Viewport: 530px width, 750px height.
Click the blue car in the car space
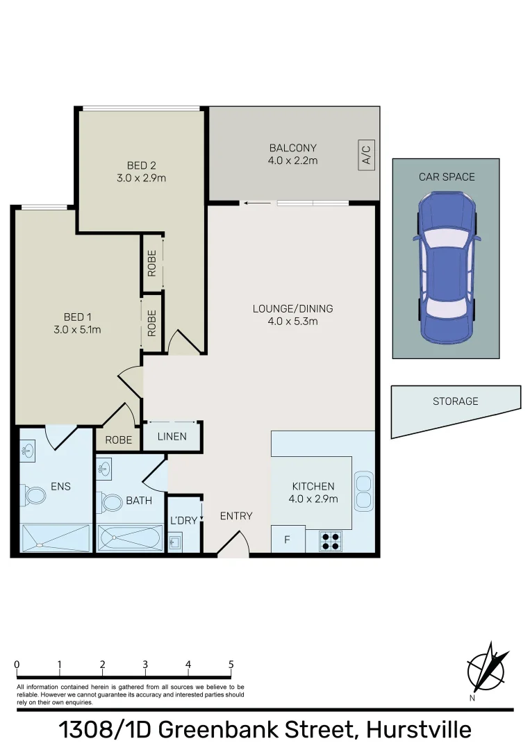tap(446, 267)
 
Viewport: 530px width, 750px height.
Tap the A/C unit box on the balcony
tap(367, 154)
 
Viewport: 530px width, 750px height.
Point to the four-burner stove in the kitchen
tap(331, 540)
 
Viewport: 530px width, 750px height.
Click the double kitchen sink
tap(363, 490)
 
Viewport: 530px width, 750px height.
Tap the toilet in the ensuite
tap(34, 496)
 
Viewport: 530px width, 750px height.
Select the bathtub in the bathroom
tap(130, 538)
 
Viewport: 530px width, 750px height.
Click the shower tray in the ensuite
tap(56, 537)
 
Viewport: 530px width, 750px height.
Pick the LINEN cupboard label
tap(172, 437)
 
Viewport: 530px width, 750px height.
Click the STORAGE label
tap(456, 401)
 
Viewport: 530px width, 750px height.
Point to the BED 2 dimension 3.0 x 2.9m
tap(141, 178)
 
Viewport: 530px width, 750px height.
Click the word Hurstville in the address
tap(419, 730)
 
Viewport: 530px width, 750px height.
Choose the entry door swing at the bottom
tap(233, 544)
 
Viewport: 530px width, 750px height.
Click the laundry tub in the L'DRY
tap(176, 541)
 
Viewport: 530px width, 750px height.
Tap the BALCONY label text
tap(292, 148)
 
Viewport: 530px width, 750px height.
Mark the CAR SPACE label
tap(447, 177)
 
